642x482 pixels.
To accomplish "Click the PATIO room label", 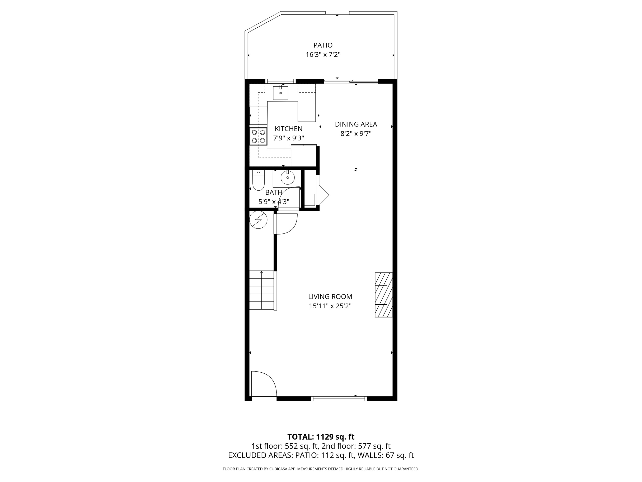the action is [323, 45].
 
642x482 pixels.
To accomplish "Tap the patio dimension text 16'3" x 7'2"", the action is [323, 55].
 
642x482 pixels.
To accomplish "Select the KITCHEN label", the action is [288, 129].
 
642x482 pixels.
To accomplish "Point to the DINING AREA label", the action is [356, 124].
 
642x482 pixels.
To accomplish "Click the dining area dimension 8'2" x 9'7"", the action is [356, 134].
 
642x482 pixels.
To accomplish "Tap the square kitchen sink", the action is [280, 93].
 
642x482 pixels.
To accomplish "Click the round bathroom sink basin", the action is [287, 178].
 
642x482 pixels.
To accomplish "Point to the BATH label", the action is [274, 192].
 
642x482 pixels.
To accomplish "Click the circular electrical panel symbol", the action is [258, 220].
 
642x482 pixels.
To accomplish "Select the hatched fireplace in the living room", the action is [384, 295].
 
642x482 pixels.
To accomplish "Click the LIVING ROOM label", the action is [330, 297].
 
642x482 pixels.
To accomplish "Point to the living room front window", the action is [339, 399].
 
